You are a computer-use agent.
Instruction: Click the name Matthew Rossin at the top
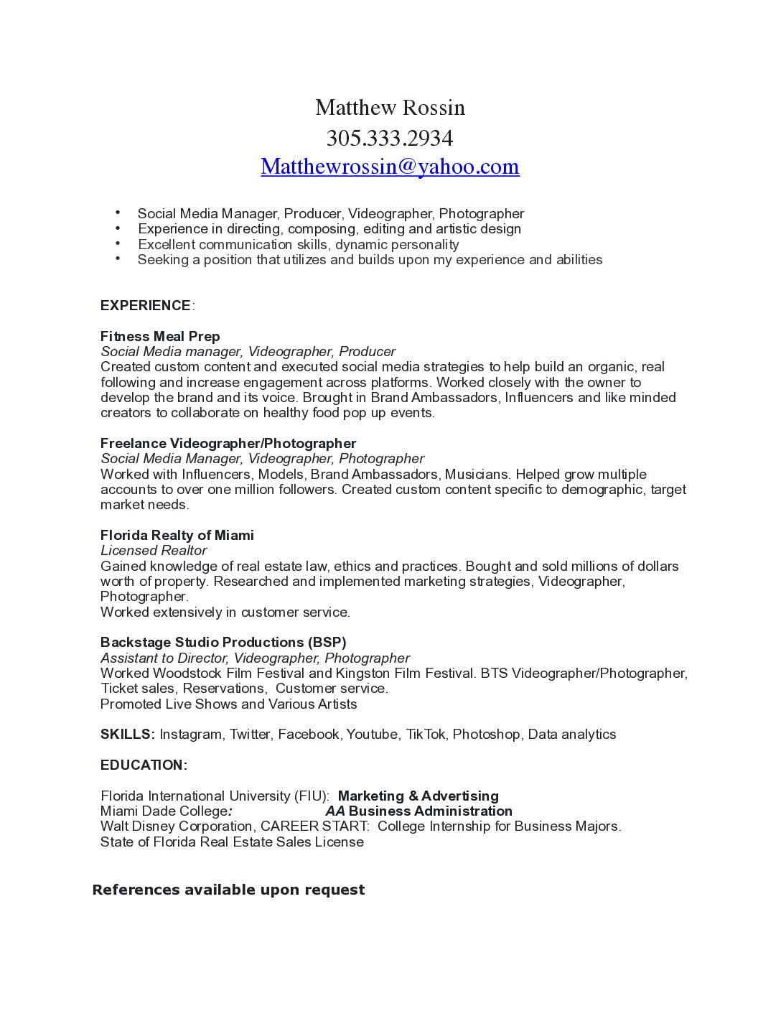pos(390,108)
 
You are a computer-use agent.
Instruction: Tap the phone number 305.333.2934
pos(390,137)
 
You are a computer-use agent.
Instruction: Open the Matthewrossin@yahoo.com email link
pos(390,167)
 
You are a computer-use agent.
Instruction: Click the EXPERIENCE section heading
pos(146,306)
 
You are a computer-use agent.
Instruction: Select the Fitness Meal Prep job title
pos(160,336)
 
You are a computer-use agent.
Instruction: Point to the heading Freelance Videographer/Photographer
pos(228,443)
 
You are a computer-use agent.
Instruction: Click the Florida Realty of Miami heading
pos(177,535)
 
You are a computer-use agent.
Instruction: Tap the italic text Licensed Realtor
pos(154,551)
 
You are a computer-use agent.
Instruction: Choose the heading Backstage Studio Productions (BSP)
pos(223,642)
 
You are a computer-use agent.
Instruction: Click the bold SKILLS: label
pos(128,734)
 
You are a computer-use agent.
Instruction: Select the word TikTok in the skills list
pos(426,734)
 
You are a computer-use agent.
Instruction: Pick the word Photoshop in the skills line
pos(486,734)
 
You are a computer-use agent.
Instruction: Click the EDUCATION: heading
pos(144,765)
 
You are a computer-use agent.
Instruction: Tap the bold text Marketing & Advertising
pos(418,796)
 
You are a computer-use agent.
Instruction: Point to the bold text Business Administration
pos(430,811)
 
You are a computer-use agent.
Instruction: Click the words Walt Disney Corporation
pos(177,826)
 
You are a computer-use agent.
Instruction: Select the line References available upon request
pos(228,890)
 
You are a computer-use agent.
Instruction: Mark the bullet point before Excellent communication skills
pos(118,243)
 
